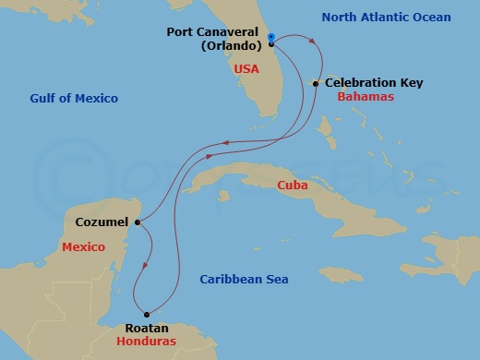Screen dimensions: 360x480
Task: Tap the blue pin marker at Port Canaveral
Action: click(x=271, y=38)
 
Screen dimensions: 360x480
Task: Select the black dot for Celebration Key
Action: click(x=316, y=84)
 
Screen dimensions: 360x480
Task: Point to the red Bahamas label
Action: click(x=366, y=96)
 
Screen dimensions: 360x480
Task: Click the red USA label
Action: click(x=246, y=69)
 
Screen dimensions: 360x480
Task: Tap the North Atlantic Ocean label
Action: click(x=399, y=18)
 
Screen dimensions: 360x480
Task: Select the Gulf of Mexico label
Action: click(x=74, y=98)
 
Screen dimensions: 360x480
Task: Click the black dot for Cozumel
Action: click(x=136, y=222)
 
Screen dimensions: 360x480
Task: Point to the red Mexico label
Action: click(x=83, y=247)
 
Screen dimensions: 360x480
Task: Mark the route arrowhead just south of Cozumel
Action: click(x=143, y=267)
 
